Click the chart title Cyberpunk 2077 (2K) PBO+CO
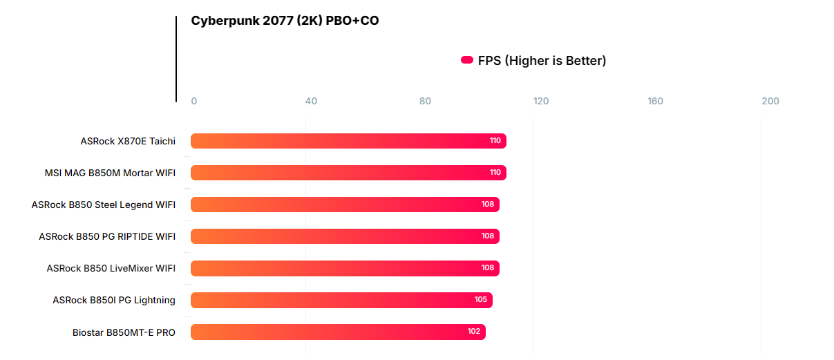coord(285,21)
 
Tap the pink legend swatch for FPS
coord(466,61)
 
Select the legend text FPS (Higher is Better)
coord(542,61)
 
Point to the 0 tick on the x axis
coord(194,102)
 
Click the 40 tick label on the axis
coord(311,102)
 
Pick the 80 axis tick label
coord(425,102)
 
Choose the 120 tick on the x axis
coord(541,102)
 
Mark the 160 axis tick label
coord(656,102)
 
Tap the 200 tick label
coord(770,102)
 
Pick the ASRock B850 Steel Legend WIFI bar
coord(345,205)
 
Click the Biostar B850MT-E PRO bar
coord(338,332)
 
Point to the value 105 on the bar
coord(481,300)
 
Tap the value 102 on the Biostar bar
coord(474,332)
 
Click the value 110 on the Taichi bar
coord(495,141)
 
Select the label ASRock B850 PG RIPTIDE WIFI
coord(107,236)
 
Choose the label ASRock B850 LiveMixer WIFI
coord(111,268)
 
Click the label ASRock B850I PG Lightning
coord(114,300)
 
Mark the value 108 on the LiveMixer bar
coord(488,268)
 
